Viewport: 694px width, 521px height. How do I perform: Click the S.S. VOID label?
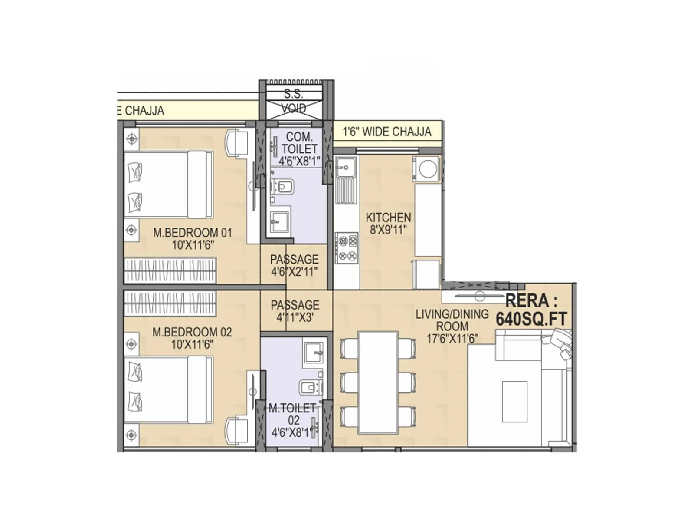click(294, 101)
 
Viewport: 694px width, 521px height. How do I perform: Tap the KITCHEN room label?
click(388, 217)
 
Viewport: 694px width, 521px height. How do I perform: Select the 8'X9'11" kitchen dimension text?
click(388, 230)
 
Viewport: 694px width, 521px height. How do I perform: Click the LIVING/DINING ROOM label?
click(452, 320)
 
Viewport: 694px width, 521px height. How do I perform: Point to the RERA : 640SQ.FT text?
click(531, 310)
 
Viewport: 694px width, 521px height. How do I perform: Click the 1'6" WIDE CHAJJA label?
click(387, 132)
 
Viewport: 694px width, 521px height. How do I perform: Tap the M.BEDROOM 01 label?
click(193, 233)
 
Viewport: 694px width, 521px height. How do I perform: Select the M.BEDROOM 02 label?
click(192, 332)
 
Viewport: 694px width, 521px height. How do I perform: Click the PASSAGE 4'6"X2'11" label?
click(294, 265)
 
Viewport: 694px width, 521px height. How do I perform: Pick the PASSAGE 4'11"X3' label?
click(295, 311)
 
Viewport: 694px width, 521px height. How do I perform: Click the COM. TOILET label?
click(299, 143)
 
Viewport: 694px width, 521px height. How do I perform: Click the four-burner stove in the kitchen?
click(347, 248)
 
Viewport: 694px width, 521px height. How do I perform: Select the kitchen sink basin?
click(346, 166)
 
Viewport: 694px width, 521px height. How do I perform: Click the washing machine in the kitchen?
click(426, 169)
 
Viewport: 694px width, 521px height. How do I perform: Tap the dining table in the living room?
click(378, 382)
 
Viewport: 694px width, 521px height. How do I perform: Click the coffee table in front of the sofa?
click(514, 401)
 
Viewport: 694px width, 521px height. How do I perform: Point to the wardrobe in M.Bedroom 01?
click(170, 270)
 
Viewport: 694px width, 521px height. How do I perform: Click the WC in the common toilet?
click(284, 187)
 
